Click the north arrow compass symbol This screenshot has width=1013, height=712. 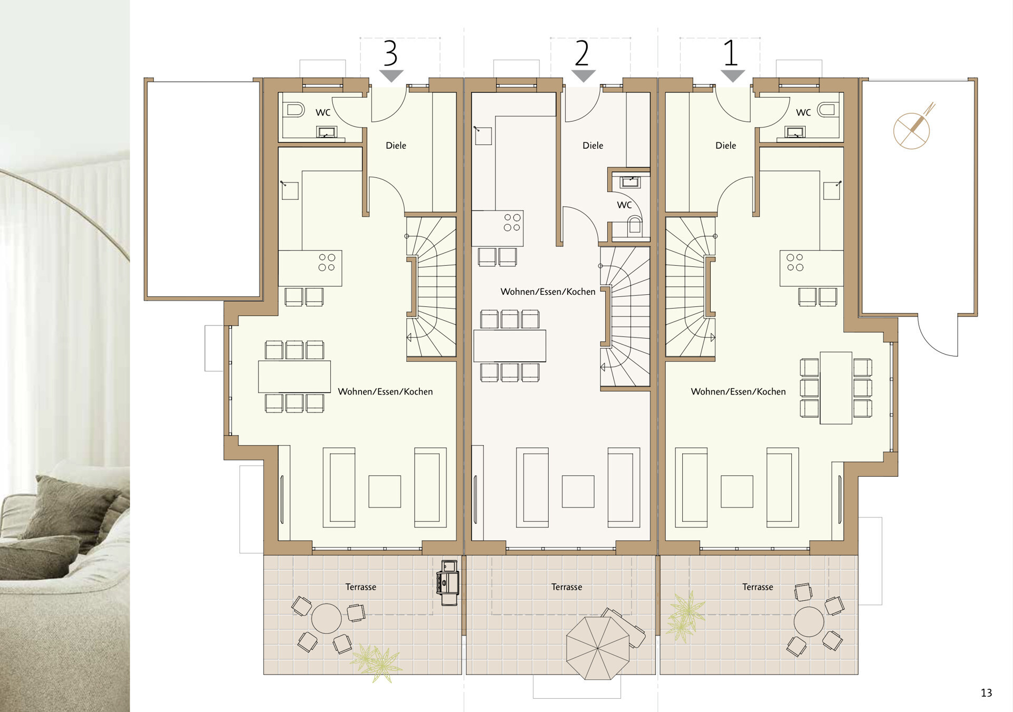[x=912, y=128]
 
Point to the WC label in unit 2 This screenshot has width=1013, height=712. [x=624, y=205]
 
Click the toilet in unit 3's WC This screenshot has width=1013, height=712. [x=294, y=110]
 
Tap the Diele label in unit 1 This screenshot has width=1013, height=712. [x=725, y=146]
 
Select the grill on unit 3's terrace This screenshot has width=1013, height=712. [x=448, y=582]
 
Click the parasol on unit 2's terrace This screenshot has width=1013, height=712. [x=598, y=648]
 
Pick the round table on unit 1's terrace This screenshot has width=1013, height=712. [x=809, y=621]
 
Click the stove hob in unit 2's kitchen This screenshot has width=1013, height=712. [x=512, y=222]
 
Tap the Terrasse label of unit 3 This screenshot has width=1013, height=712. [x=361, y=587]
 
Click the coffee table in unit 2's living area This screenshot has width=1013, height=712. [x=578, y=491]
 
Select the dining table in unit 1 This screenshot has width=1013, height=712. [x=836, y=388]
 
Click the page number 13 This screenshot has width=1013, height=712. [x=986, y=693]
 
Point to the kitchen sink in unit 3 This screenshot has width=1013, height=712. [x=290, y=190]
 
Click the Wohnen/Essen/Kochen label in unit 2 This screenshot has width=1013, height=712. [x=548, y=292]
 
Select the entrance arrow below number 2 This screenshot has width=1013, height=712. [x=583, y=75]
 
